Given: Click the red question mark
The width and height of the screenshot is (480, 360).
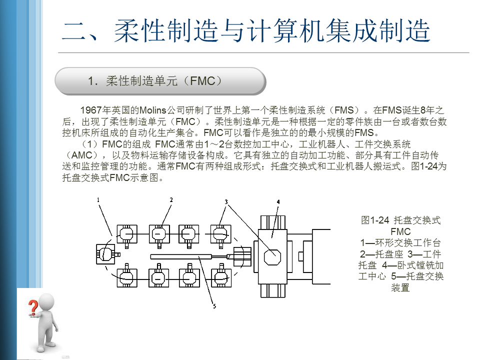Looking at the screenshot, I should [x=33, y=306].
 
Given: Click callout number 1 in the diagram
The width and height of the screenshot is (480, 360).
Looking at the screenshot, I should [x=99, y=199].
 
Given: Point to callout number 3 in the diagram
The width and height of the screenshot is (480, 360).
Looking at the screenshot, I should [x=226, y=202].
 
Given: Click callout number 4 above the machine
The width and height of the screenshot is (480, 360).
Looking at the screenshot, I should [x=278, y=201].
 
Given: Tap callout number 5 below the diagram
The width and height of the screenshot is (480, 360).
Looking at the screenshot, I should [x=214, y=306].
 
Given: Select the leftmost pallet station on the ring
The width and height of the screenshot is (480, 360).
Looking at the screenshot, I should [x=106, y=254].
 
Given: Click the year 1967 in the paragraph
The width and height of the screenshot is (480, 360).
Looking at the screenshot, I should [x=91, y=110].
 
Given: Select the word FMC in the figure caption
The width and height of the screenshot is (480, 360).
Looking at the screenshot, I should [x=400, y=231].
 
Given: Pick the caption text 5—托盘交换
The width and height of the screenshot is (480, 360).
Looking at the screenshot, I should [x=418, y=276].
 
